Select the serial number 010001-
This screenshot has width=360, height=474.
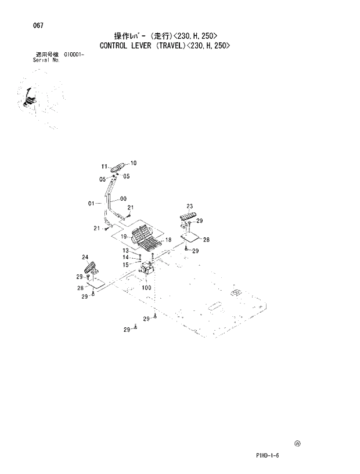74,55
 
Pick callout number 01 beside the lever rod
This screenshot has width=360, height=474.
91,203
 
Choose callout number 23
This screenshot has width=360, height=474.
189,206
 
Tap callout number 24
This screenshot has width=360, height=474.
85,257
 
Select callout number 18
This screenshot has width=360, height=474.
169,240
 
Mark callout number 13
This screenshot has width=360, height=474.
125,251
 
